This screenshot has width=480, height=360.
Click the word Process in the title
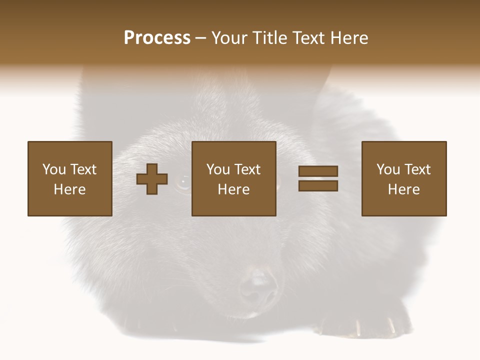(157, 38)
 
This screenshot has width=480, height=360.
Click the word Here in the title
(350, 38)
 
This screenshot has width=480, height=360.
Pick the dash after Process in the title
(200, 38)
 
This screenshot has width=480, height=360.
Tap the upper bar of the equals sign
(318, 171)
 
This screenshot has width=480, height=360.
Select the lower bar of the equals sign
(318, 186)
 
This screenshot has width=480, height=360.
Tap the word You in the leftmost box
(53, 169)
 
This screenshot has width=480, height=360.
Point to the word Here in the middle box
(233, 189)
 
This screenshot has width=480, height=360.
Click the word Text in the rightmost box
(417, 169)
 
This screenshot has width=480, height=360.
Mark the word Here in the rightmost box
(404, 189)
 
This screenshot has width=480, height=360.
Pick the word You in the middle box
(218, 169)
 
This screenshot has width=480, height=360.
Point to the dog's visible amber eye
(183, 183)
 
